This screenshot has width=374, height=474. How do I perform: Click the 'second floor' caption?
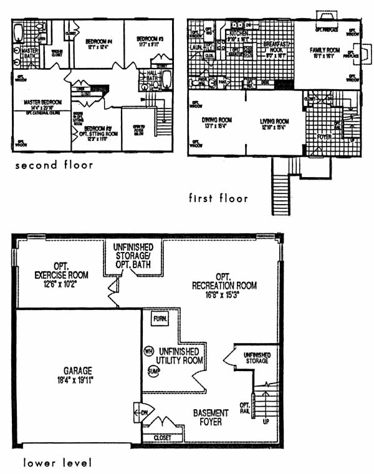tap(54, 165)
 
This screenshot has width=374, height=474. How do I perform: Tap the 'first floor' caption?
tap(218, 198)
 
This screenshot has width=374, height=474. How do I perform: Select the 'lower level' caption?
tap(57, 463)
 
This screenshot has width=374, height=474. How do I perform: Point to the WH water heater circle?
tap(148, 351)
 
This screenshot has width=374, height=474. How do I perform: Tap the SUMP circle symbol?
tap(153, 370)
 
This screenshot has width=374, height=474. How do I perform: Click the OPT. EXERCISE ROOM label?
tap(61, 274)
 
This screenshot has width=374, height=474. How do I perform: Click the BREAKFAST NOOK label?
tap(274, 48)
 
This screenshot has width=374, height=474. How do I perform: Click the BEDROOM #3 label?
tap(150, 42)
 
